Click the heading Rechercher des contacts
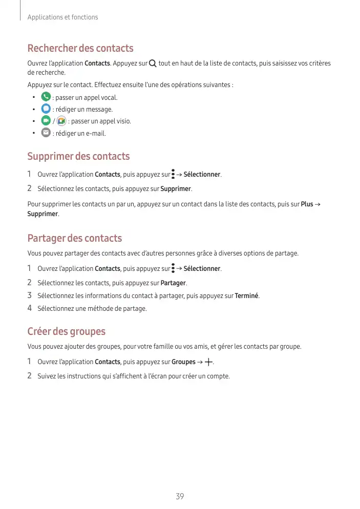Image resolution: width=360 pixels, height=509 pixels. pos(80,48)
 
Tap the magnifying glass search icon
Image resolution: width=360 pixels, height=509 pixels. pos(153,63)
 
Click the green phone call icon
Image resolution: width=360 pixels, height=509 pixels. pos(46,97)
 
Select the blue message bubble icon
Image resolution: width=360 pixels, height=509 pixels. pos(46,109)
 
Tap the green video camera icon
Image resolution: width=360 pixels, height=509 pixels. pos(46,121)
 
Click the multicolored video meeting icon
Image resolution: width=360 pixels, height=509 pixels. pos(61,121)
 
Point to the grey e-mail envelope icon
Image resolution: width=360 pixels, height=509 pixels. pos(46,133)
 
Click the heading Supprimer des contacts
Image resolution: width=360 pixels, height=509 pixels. pos(78,156)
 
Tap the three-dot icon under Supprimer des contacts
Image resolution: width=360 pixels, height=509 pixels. pos(173,175)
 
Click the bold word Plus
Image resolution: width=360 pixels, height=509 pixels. pos(307,204)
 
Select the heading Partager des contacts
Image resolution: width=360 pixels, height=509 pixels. pos(74,238)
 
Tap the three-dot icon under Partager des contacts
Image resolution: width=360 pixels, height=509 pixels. pos(173,268)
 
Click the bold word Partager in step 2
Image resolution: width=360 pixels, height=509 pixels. pos(174,283)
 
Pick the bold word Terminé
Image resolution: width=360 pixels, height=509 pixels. pos(246,295)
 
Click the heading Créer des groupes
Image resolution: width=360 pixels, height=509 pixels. pos(66,331)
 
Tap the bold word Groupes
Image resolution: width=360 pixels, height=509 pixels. pos(183,362)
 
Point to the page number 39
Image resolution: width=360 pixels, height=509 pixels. pos(180,496)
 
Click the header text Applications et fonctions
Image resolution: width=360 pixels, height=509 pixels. pos(62,17)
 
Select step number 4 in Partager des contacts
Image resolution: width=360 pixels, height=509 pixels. pos(30,308)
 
